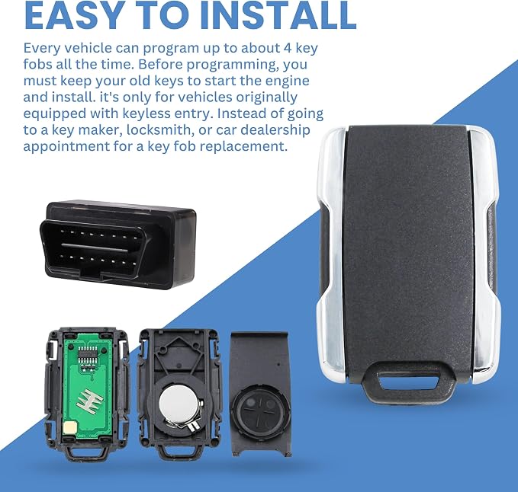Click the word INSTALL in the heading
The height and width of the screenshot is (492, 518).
(278, 15)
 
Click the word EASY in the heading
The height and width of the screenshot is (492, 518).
(74, 15)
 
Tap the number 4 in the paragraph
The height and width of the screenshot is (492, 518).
(287, 48)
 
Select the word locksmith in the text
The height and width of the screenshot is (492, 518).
(160, 130)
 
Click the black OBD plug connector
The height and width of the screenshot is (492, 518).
(118, 244)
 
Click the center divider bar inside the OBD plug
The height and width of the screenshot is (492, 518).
(95, 248)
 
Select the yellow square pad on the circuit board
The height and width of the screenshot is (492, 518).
(70, 428)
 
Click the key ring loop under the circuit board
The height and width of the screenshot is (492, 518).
(86, 452)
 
